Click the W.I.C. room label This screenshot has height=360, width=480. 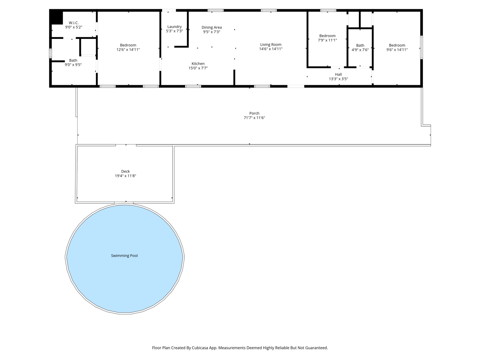click(x=74, y=23)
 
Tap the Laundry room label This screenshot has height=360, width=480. click(x=174, y=27)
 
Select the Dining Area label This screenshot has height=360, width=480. click(x=212, y=27)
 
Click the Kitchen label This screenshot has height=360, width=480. click(x=198, y=64)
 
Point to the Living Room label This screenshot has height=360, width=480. click(x=271, y=44)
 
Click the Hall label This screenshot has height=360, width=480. click(x=338, y=74)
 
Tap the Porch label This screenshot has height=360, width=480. click(x=254, y=113)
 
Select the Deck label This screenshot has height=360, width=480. click(x=126, y=171)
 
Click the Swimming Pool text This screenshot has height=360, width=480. click(x=124, y=256)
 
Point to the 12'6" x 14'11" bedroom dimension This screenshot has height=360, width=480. click(x=128, y=50)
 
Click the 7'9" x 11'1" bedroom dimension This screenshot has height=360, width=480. click(x=327, y=40)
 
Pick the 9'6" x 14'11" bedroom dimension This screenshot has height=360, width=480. click(x=397, y=50)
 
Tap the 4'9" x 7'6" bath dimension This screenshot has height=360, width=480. click(x=360, y=50)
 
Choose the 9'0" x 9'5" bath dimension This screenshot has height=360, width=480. click(x=73, y=65)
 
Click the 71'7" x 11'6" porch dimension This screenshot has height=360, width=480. click(x=254, y=118)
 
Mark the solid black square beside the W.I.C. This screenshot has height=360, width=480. click(x=56, y=18)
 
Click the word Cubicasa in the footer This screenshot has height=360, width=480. click(x=200, y=348)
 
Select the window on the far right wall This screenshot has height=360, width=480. click(x=421, y=48)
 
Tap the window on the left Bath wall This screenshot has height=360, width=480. click(x=50, y=53)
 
